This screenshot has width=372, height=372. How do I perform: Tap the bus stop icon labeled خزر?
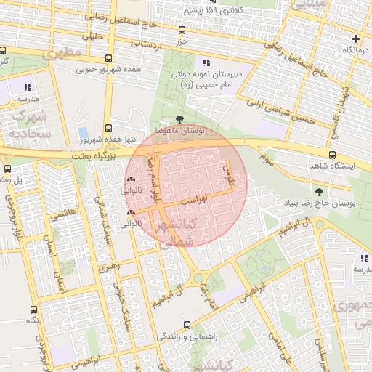pos(182,31)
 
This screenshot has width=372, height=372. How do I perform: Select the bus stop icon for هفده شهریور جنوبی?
pos(108,59)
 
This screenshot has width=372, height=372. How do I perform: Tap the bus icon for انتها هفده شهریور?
pos(108,127)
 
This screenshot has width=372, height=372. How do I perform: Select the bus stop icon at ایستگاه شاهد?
pos(333,155)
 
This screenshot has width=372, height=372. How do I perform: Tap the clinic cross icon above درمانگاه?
pos(355,39)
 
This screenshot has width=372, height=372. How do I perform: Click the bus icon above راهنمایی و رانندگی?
pos(187,325)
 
